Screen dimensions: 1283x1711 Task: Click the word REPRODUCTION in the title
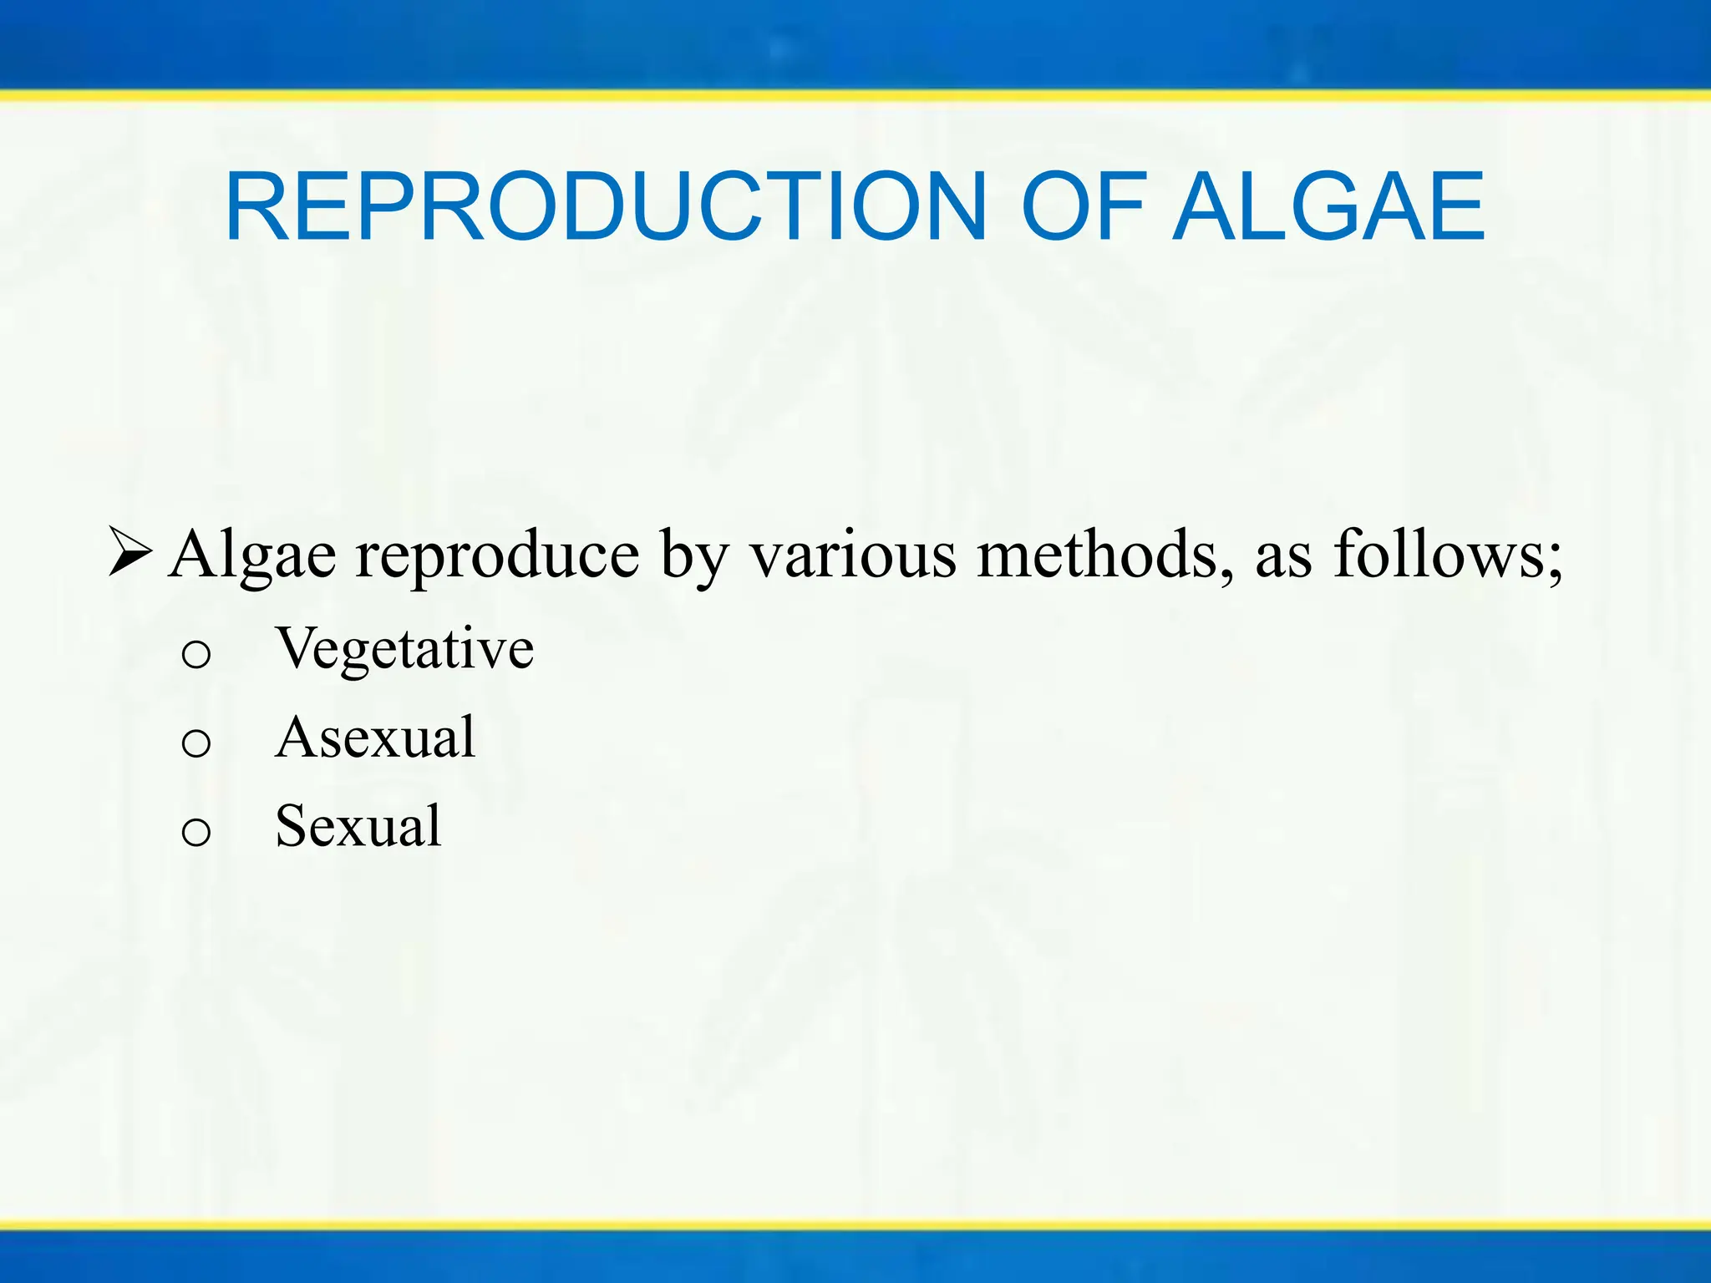[x=607, y=206]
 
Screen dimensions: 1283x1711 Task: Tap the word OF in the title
[x=1083, y=206]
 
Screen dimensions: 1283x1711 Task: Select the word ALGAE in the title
[x=1329, y=206]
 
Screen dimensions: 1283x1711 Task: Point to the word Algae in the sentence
[x=252, y=555]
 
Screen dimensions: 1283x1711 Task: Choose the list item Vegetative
[x=404, y=649]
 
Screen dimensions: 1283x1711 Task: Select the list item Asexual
[x=375, y=738]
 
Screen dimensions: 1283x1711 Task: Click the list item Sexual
[x=358, y=826]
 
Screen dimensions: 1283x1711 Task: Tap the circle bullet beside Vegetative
[x=196, y=655]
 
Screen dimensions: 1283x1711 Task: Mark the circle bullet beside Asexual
[x=196, y=743]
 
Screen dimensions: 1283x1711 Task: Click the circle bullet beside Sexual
[x=196, y=832]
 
